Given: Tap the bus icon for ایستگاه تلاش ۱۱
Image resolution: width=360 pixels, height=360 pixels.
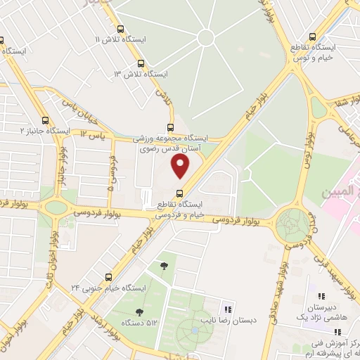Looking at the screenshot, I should (121, 30).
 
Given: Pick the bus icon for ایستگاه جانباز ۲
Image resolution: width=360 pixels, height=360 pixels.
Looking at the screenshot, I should (46, 120).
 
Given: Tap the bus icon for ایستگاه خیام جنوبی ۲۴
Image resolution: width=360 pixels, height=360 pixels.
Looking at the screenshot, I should (108, 276).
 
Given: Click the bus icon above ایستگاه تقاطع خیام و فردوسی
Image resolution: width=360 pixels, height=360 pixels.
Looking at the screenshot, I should (179, 193).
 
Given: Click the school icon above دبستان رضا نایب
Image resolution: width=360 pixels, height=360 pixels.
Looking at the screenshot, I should (227, 309).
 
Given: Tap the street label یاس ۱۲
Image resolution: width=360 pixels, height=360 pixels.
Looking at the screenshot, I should (92, 134).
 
